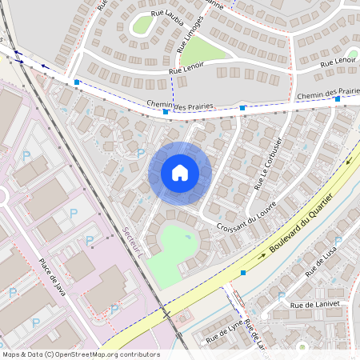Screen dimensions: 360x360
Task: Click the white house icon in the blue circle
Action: click(x=180, y=173)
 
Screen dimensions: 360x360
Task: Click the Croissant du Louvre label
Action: click(x=246, y=217)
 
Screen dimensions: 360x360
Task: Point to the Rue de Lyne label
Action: click(x=223, y=330)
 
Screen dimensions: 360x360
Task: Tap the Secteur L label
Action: click(x=131, y=240)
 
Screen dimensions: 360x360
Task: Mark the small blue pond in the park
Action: click(x=188, y=236)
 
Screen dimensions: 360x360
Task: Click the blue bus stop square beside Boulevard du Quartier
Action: click(x=243, y=272)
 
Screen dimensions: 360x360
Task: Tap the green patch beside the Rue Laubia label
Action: click(x=142, y=24)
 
